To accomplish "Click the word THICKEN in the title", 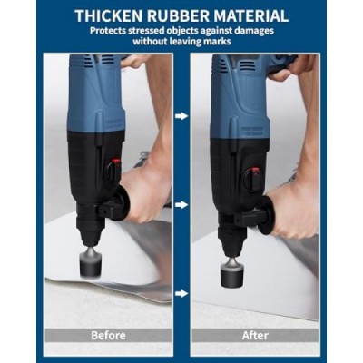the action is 108,16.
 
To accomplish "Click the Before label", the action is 108,336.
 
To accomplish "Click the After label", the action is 255,336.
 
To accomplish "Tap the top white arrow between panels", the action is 181,116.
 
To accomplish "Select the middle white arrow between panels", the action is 181,205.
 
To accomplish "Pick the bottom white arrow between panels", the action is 181,293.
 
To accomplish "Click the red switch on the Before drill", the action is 115,162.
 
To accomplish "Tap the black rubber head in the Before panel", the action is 91,266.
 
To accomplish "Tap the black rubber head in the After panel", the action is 232,276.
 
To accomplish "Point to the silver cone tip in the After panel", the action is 231,260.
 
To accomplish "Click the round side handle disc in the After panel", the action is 266,215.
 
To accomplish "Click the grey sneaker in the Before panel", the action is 142,160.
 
